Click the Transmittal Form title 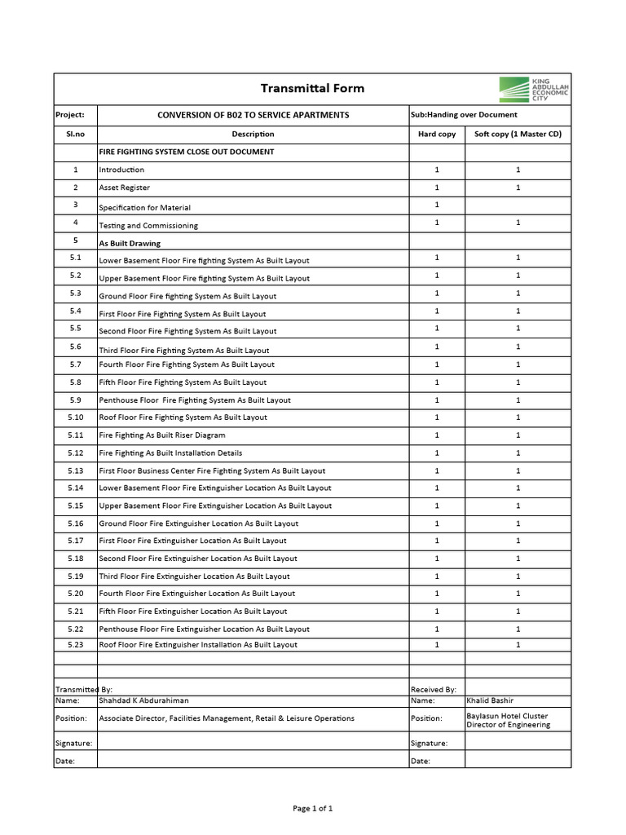click(312, 88)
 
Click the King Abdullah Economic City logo click(534, 89)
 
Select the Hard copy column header click(437, 134)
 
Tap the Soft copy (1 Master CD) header click(518, 134)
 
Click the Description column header click(253, 134)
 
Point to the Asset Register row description click(125, 188)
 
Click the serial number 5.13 click(76, 471)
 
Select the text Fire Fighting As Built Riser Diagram click(162, 435)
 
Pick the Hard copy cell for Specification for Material click(437, 205)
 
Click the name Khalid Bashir click(490, 700)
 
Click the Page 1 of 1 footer click(313, 808)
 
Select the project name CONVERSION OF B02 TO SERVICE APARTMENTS click(253, 115)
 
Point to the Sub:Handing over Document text click(464, 115)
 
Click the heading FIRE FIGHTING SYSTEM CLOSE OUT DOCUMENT click(187, 152)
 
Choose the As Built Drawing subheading click(130, 243)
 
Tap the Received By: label click(434, 689)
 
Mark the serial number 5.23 click(76, 644)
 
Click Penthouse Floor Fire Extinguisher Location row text click(205, 629)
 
